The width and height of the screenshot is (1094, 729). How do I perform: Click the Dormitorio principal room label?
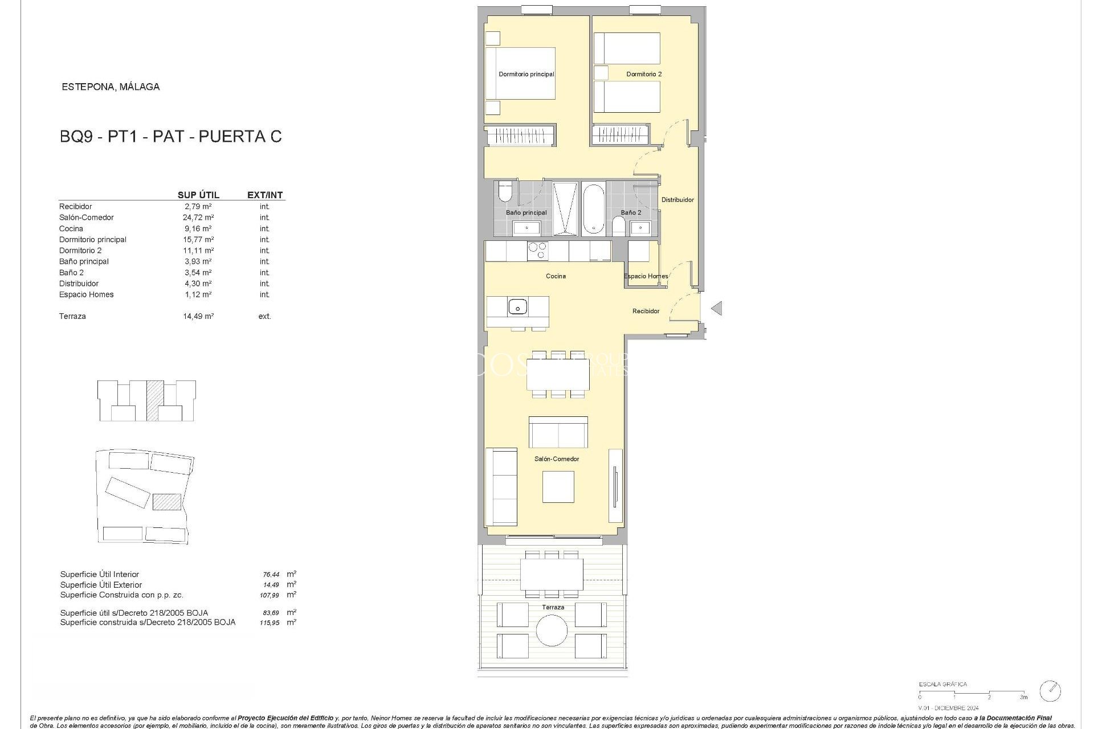(526, 74)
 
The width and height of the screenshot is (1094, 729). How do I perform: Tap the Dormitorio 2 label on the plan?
(644, 74)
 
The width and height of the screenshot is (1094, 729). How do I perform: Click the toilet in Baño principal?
(505, 193)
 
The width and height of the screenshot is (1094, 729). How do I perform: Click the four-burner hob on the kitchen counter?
(537, 251)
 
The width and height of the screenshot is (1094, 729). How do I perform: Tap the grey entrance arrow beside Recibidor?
(717, 308)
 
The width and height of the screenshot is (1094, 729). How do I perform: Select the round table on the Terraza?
(552, 630)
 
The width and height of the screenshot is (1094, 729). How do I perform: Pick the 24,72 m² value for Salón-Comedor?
(198, 218)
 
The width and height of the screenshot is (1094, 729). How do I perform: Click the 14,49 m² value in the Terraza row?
(198, 316)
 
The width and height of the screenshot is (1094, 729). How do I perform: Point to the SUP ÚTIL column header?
(198, 195)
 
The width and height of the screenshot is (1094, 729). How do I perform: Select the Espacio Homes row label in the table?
(86, 294)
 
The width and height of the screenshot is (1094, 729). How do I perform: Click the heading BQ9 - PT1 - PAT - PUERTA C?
(170, 137)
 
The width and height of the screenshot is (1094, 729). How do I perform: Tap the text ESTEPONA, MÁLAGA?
(111, 87)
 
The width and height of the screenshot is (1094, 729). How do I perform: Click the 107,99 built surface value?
(270, 595)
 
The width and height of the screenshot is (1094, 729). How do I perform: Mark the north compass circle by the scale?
(1050, 691)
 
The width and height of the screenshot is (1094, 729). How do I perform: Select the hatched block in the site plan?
(167, 502)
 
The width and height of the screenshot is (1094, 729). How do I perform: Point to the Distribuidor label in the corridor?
(677, 200)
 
